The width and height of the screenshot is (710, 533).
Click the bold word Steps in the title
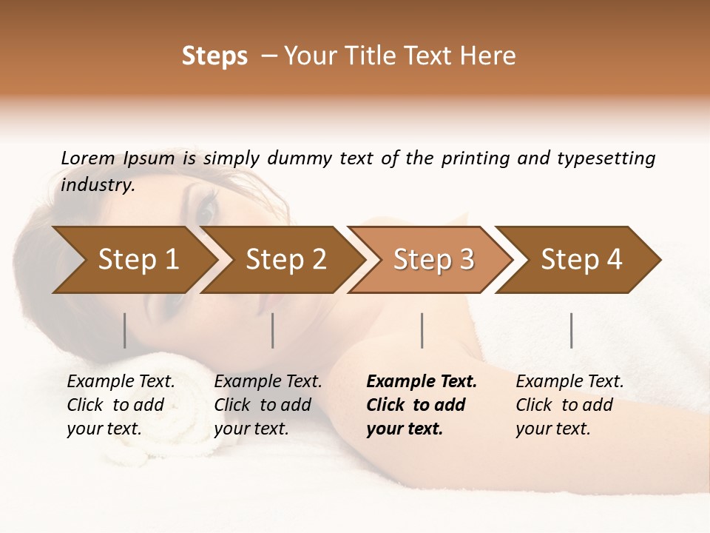(214, 56)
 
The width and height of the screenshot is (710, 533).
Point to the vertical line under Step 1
(125, 330)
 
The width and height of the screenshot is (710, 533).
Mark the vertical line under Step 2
(273, 330)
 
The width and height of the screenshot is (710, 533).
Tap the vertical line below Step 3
(422, 330)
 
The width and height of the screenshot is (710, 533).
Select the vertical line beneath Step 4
(572, 330)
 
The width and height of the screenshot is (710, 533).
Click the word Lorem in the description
(88, 158)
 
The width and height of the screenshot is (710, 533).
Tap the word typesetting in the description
(606, 158)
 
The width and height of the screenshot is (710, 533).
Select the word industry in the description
(97, 184)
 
